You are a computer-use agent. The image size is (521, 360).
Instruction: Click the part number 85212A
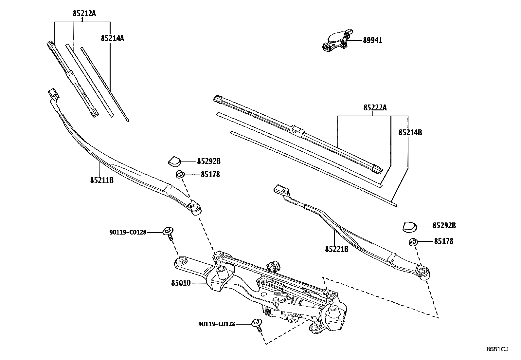coord(84,13)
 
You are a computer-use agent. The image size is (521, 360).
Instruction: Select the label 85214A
coord(112,38)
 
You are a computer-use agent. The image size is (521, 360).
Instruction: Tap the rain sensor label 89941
coord(372,40)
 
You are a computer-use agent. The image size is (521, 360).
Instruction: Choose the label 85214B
coord(410,132)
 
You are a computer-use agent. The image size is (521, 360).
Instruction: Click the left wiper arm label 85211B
coord(102,180)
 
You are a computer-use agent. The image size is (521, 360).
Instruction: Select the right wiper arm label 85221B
coord(336,249)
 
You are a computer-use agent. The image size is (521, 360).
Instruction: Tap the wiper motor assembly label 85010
coord(181,282)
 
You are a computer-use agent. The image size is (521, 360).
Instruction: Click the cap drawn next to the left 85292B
coord(174,161)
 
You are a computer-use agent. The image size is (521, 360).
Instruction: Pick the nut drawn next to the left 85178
coord(179,174)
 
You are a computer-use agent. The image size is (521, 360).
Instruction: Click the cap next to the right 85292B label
coord(408,226)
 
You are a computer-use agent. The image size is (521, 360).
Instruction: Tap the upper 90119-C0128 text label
coord(128,232)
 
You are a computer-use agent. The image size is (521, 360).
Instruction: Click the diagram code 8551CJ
coord(497,349)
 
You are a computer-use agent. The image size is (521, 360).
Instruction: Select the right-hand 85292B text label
coord(444,225)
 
